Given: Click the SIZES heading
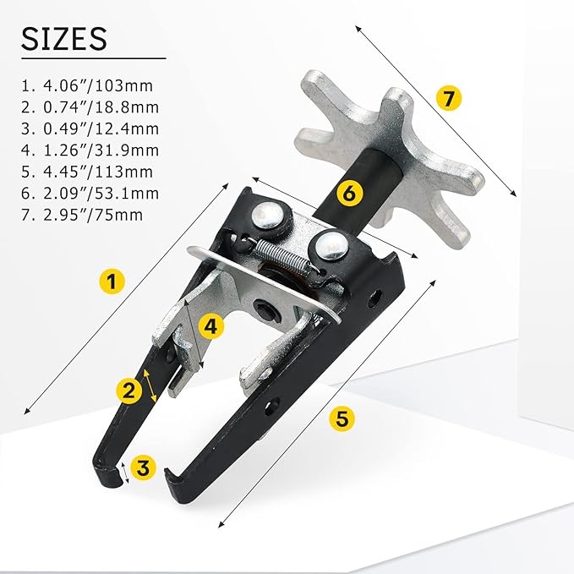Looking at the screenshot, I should pos(64,39).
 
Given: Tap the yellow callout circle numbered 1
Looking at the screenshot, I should pos(110,281).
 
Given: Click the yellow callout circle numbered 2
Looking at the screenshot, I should pos(129,390).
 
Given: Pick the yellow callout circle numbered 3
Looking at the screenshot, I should pos(145,467).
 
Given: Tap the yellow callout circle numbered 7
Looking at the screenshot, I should pos(449,98).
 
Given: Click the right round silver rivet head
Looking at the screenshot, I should pos(331,246).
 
